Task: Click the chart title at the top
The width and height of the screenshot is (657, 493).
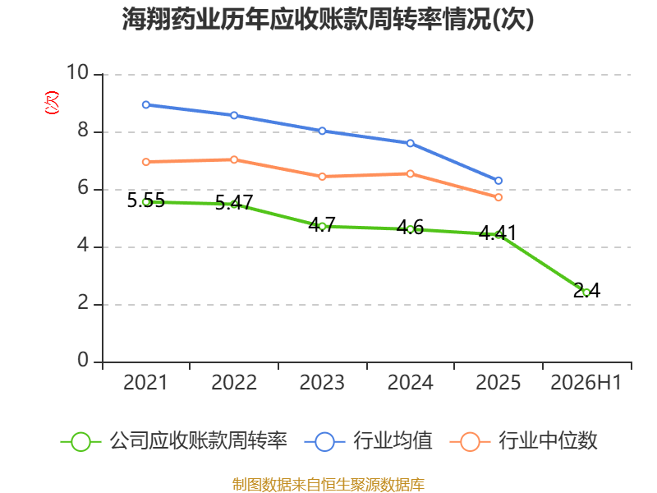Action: pyautogui.click(x=328, y=19)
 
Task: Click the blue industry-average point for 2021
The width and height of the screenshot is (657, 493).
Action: pyautogui.click(x=146, y=105)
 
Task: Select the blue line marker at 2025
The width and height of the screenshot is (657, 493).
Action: pyautogui.click(x=498, y=181)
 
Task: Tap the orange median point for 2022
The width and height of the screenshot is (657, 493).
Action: pyautogui.click(x=234, y=159)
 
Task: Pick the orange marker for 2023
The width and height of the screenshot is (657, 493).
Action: pyautogui.click(x=322, y=177)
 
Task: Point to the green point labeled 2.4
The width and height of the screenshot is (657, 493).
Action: pyautogui.click(x=586, y=293)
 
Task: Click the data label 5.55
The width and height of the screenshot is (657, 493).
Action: pyautogui.click(x=146, y=200)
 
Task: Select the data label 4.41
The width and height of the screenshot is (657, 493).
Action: pyautogui.click(x=498, y=233)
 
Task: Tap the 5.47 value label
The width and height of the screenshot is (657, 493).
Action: pyautogui.click(x=234, y=203)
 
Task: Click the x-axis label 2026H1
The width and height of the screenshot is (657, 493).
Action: pyautogui.click(x=586, y=382)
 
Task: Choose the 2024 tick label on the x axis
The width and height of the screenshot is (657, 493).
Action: pyautogui.click(x=410, y=382)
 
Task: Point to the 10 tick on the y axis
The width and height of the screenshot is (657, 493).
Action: pyautogui.click(x=78, y=72)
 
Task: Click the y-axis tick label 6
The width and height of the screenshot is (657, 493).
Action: pyautogui.click(x=83, y=187)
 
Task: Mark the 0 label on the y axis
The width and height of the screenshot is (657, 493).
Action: pyautogui.click(x=83, y=360)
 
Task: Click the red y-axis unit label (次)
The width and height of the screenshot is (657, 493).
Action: pyautogui.click(x=52, y=103)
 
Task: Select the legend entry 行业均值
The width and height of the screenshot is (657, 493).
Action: pyautogui.click(x=393, y=441)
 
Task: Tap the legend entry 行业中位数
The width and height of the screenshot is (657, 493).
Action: pyautogui.click(x=548, y=441)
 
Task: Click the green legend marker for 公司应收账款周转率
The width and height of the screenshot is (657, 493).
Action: pyautogui.click(x=80, y=442)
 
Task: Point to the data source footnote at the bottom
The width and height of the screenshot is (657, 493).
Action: pyautogui.click(x=328, y=485)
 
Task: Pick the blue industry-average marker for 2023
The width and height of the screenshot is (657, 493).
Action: pyautogui.click(x=322, y=131)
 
